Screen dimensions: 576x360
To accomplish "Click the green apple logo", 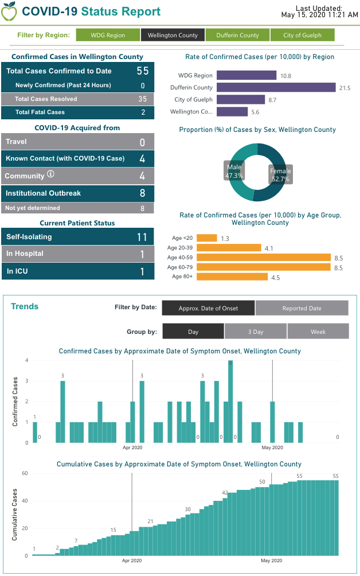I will pos(9,11).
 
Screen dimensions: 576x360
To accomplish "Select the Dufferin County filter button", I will pos(237,35).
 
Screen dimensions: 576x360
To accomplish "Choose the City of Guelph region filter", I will pos(302,35).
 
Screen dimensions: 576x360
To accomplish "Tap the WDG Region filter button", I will pos(108,35).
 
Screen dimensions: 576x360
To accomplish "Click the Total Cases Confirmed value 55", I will pos(142,71).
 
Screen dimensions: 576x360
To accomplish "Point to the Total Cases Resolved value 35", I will pos(143,99).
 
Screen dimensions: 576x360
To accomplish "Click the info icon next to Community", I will pos(50,174).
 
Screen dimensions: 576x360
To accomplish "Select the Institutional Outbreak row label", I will pos(43,193).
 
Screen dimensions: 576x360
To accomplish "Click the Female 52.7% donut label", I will pos(280,175).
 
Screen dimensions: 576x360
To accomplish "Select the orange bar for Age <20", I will pos(207,238).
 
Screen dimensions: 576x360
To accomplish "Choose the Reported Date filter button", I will pos(302,308).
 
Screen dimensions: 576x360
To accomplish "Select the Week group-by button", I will pos(318,332).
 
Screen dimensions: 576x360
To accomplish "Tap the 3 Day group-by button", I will pos(256,332).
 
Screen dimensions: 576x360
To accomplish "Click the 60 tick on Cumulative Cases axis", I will pos(25,473).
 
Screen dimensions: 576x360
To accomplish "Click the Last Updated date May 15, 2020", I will pos(319,15).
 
